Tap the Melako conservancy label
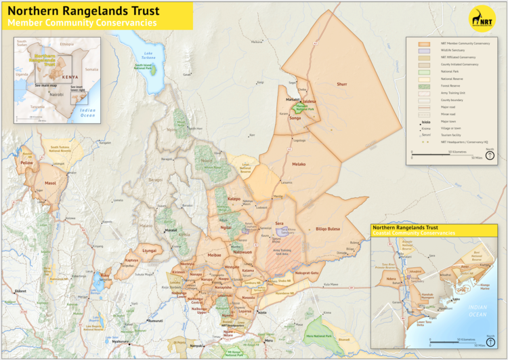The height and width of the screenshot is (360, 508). pyautogui.click(x=299, y=164)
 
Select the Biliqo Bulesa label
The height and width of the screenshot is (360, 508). pyautogui.click(x=328, y=229)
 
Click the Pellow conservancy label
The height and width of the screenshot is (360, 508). pyautogui.click(x=27, y=163)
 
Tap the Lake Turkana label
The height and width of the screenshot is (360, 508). pyautogui.click(x=148, y=54)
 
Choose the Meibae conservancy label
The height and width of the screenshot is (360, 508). pyautogui.click(x=214, y=254)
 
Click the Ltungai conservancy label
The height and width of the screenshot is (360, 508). pyautogui.click(x=149, y=250)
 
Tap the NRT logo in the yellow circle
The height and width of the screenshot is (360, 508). pyautogui.click(x=482, y=20)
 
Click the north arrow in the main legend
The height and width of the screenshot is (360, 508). pyautogui.click(x=490, y=155)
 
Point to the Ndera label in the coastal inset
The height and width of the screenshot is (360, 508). pyautogui.click(x=391, y=278)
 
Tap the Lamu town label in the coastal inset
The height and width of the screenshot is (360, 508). pyautogui.click(x=456, y=298)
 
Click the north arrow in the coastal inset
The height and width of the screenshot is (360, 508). pyautogui.click(x=490, y=340)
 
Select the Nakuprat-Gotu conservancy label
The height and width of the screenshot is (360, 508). pyautogui.click(x=306, y=273)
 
